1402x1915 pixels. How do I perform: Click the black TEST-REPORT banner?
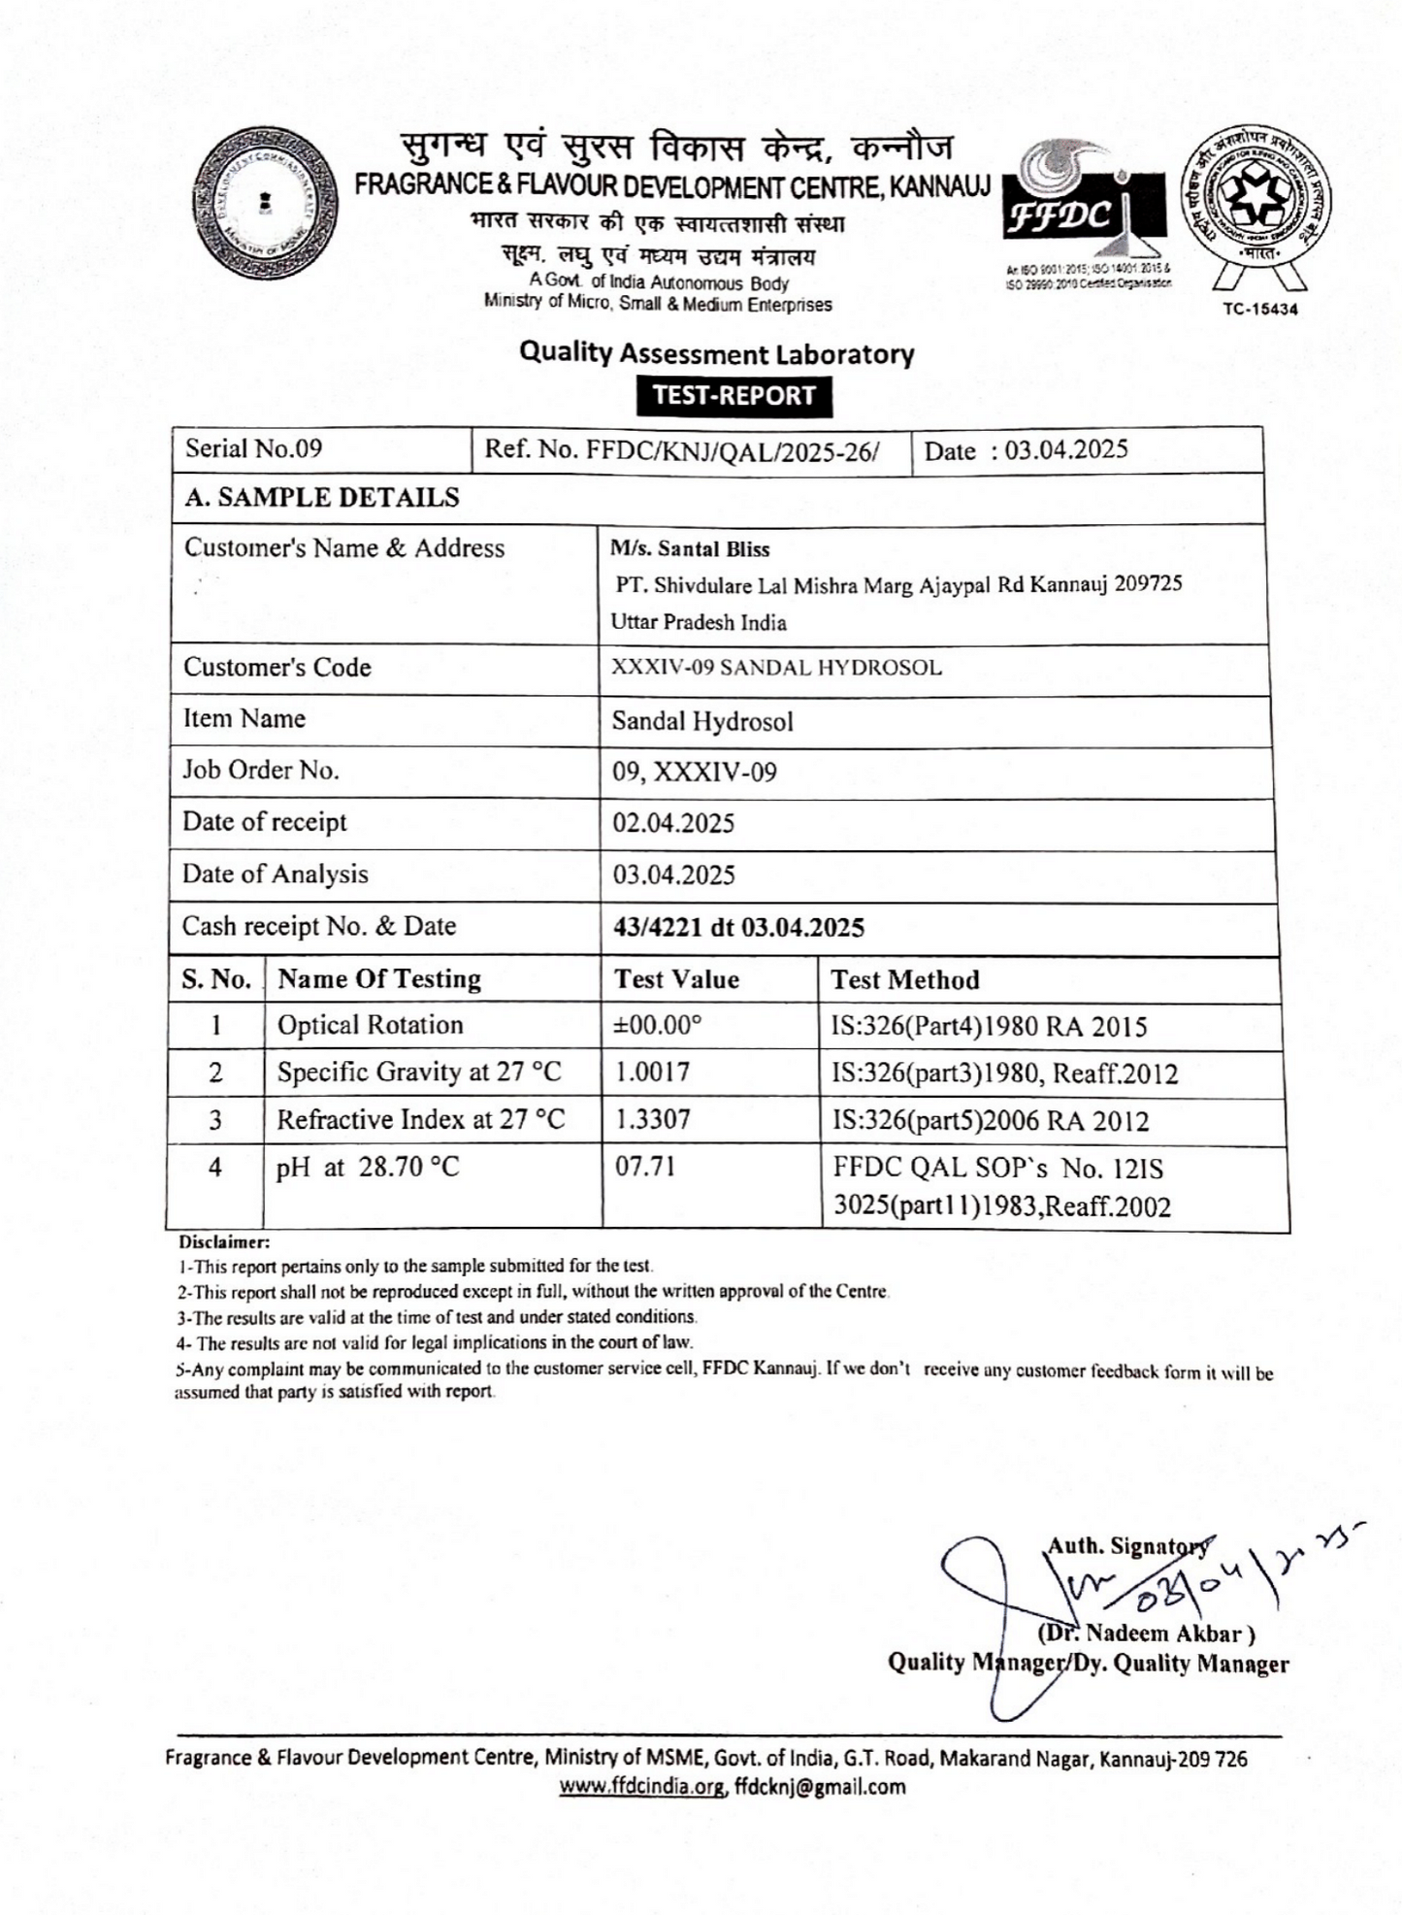pos(734,396)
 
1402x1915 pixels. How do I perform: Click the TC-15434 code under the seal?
pos(1259,309)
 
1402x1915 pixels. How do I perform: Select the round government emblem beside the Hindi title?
pos(267,205)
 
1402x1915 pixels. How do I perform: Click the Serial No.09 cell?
pos(254,448)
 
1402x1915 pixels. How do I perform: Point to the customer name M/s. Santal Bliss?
pos(690,549)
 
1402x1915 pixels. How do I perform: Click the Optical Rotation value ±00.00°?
pos(658,1026)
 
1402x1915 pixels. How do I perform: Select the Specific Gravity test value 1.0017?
pos(653,1073)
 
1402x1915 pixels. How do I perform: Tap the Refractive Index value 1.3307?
pos(653,1119)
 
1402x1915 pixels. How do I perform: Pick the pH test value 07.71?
pos(645,1166)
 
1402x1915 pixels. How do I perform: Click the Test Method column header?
pos(905,979)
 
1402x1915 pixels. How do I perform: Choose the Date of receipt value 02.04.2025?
pos(673,823)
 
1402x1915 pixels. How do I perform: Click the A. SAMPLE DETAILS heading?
pos(322,498)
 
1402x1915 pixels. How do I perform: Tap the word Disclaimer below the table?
pos(223,1241)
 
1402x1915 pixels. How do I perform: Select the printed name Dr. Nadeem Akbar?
pos(1148,1634)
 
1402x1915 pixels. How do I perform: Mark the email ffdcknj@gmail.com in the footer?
pos(820,1786)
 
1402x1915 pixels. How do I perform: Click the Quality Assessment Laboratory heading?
pos(716,353)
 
